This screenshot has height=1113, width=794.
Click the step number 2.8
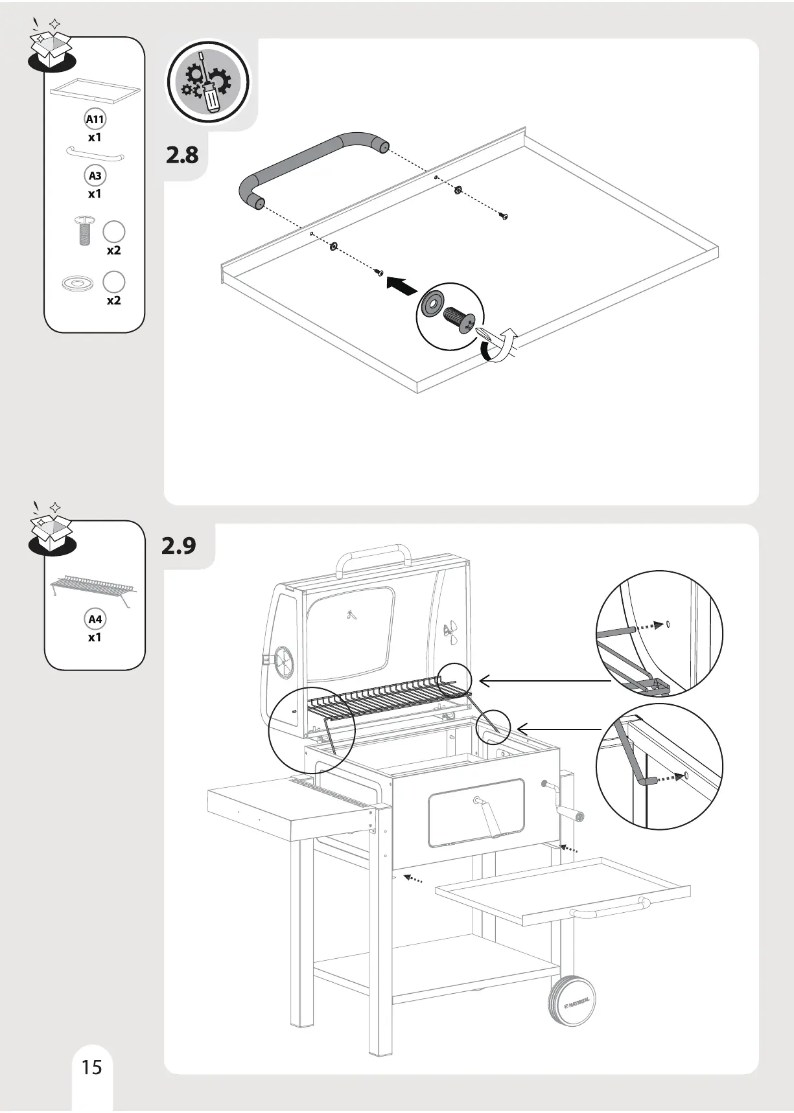tap(182, 155)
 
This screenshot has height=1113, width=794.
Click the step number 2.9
tap(178, 545)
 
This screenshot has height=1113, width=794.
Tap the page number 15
tap(92, 1067)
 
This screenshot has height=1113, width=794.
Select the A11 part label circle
tap(95, 119)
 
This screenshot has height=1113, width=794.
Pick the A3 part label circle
tap(95, 176)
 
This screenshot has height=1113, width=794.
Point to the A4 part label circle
tap(95, 619)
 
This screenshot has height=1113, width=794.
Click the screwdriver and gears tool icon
tap(208, 82)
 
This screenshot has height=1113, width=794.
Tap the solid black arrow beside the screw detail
tap(401, 286)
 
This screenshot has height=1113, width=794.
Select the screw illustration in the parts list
tap(84, 231)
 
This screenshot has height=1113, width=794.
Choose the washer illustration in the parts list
tap(78, 283)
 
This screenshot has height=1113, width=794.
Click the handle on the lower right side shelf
tap(609, 908)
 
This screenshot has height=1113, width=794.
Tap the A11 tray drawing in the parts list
tap(95, 89)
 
